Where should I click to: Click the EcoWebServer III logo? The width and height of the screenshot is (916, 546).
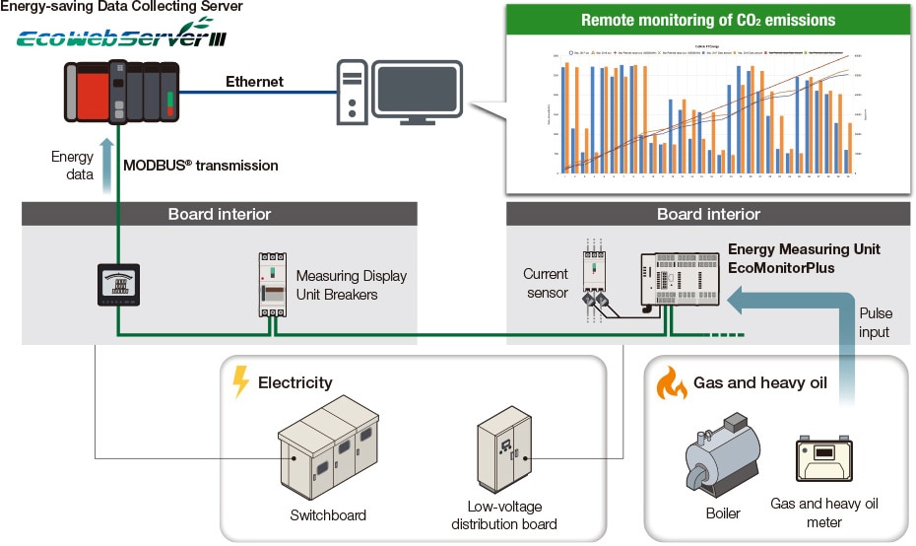(127, 40)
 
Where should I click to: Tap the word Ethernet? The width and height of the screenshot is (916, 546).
(254, 82)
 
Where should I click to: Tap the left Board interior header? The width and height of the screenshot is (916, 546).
(219, 214)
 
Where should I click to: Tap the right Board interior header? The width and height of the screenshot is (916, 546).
(708, 214)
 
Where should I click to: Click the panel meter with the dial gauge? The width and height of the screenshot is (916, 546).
(119, 285)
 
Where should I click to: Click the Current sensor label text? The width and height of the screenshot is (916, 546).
(546, 283)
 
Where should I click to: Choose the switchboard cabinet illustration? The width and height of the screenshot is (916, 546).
(328, 451)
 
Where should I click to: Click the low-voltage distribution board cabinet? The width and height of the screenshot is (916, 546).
(503, 449)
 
